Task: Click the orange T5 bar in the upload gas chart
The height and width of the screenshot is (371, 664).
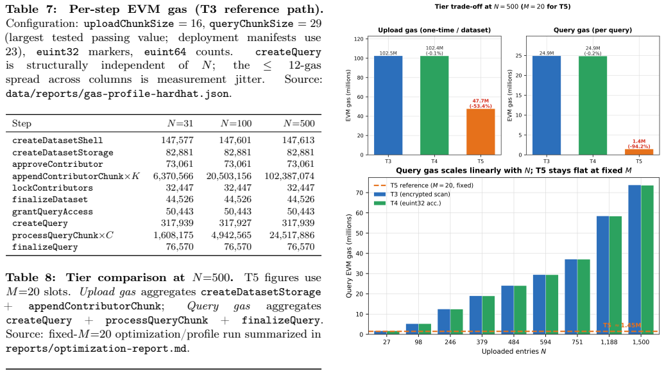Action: coord(481,132)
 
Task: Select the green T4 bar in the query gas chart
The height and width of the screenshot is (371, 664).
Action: coord(592,105)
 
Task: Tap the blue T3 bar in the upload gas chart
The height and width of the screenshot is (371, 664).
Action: coord(388,105)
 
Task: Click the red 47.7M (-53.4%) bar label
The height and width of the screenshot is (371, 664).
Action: coord(481,104)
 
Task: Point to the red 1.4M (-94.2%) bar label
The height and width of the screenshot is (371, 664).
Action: coord(639,144)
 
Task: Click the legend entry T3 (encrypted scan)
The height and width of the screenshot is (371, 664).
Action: coord(413,194)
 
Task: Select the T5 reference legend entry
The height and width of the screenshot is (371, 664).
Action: coord(424,185)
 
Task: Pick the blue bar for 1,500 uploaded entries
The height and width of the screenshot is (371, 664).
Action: coord(634,259)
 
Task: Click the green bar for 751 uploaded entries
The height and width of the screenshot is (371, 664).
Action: coord(584,297)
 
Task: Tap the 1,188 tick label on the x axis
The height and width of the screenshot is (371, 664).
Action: coord(609,342)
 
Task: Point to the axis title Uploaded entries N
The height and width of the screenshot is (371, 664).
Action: coord(514,352)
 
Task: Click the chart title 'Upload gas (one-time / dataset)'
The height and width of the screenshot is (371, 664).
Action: coord(434,30)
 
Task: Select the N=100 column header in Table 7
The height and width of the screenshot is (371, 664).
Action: coord(236,124)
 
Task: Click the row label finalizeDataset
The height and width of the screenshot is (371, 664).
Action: coord(50,200)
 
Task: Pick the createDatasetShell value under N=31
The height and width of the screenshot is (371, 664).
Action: coord(177,140)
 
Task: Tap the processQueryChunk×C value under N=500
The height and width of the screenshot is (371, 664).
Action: coord(292,235)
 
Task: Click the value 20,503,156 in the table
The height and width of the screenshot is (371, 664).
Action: coord(228,176)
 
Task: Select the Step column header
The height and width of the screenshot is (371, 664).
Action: coord(22,124)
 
